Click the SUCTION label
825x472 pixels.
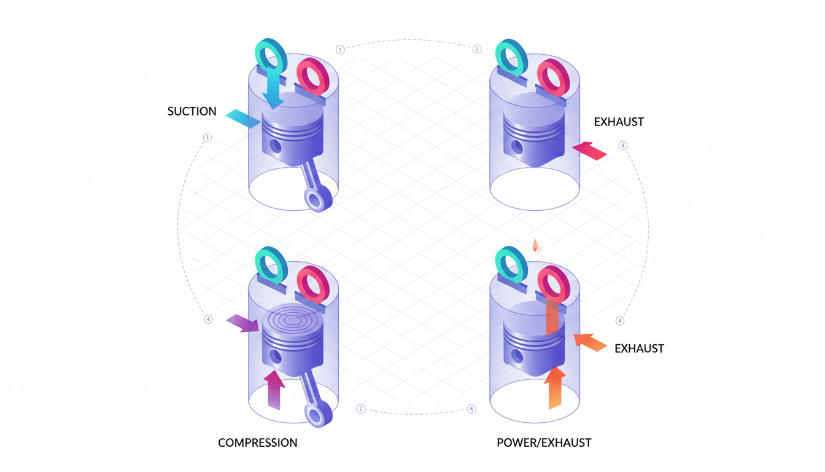click(x=192, y=111)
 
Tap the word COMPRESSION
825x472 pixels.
click(x=258, y=442)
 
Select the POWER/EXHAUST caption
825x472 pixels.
click(x=544, y=442)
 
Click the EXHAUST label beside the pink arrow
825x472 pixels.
click(x=619, y=122)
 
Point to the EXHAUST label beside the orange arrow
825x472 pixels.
click(x=639, y=348)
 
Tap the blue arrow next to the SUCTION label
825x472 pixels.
click(x=243, y=119)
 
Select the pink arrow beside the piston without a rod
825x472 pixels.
click(x=589, y=150)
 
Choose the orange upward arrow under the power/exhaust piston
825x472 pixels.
click(x=555, y=387)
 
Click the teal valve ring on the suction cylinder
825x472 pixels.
click(x=271, y=55)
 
